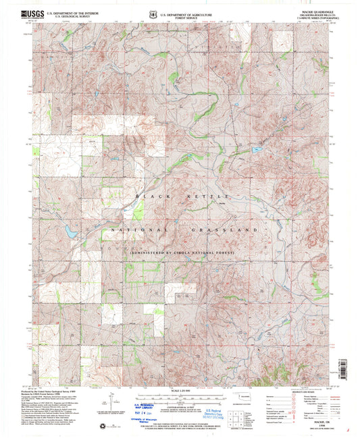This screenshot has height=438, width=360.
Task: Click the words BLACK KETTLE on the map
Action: [184, 196]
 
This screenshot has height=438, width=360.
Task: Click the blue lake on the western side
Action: [70, 231]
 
